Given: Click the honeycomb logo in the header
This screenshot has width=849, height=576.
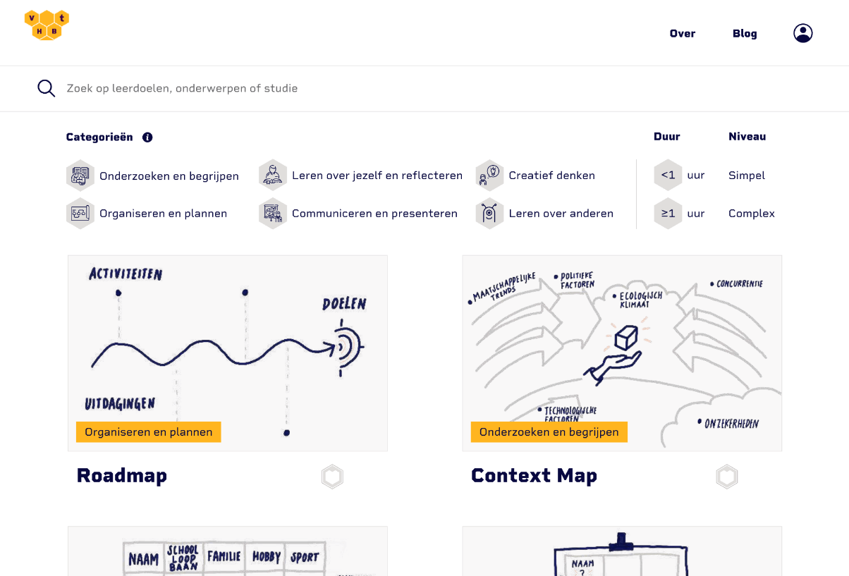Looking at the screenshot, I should point(47,25).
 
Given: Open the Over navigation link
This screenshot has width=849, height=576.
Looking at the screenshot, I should point(682,33).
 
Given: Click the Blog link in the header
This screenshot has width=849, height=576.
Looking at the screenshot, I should point(744,33).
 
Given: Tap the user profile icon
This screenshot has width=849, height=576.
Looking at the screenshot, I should point(802,33).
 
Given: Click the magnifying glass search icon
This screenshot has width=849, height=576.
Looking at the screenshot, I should point(47,88).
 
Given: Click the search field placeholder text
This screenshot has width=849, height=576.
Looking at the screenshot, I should point(182,88).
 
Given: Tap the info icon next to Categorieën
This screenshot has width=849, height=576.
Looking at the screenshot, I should point(147,137).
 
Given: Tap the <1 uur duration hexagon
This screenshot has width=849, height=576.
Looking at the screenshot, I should point(668,176).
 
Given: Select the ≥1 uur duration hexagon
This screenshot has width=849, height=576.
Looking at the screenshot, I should point(668,214).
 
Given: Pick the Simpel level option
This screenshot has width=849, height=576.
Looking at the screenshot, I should point(746,176).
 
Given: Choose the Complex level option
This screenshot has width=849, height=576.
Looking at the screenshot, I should point(751,214).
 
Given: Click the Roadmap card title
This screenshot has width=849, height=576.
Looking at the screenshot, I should point(122,476).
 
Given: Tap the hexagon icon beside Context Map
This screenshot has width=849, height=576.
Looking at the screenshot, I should point(726,477).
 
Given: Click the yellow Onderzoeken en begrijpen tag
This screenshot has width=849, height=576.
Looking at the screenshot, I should point(549,432).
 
